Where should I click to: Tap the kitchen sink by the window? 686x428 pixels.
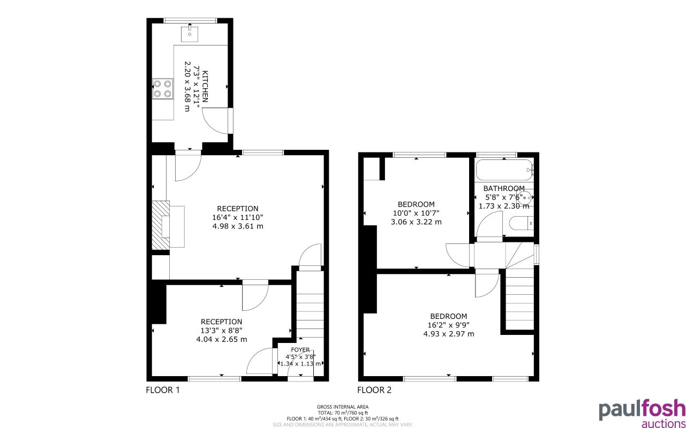[190, 33]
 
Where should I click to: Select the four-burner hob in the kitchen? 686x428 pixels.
[163, 88]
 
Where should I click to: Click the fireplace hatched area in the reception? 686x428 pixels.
[160, 225]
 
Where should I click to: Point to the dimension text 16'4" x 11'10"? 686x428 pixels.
[237, 217]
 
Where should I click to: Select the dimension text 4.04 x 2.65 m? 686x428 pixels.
[221, 339]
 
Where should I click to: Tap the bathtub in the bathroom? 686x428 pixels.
[504, 170]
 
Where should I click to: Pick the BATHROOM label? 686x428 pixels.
[503, 188]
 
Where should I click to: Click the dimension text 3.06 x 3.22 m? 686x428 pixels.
[416, 222]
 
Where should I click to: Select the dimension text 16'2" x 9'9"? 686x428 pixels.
[448, 325]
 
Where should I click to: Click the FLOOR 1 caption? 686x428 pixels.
[163, 390]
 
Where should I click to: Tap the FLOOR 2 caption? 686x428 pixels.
[374, 390]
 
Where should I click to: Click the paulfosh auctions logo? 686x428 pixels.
[642, 412]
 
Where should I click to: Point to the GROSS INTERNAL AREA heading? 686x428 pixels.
[343, 407]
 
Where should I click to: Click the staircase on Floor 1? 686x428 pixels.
[310, 313]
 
